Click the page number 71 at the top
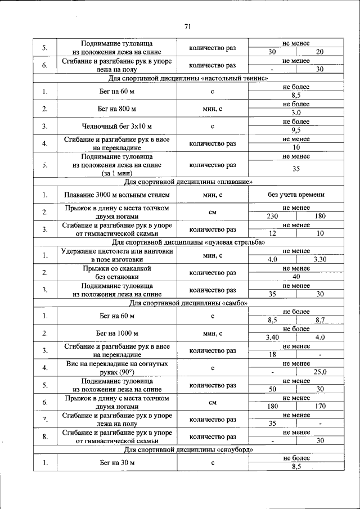[x=188, y=26]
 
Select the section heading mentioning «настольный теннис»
[x=188, y=78]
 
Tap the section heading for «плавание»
[x=188, y=182]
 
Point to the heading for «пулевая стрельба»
[x=188, y=242]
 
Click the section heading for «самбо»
[x=188, y=303]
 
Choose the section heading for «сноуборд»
[x=188, y=449]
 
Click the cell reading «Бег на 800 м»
[x=116, y=109]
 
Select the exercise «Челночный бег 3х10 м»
[x=116, y=126]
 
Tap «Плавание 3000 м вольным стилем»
[x=116, y=195]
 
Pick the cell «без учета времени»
[x=296, y=195]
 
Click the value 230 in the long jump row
[x=272, y=216]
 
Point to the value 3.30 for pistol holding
[x=319, y=259]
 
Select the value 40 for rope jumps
[x=296, y=277]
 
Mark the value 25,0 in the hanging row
[x=319, y=372]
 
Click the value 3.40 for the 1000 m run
[x=272, y=337]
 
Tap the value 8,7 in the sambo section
[x=319, y=319]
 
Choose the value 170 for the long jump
[x=319, y=406]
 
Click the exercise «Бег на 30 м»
[x=116, y=462]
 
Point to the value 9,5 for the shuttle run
[x=296, y=130]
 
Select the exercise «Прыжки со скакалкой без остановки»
[x=116, y=273]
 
